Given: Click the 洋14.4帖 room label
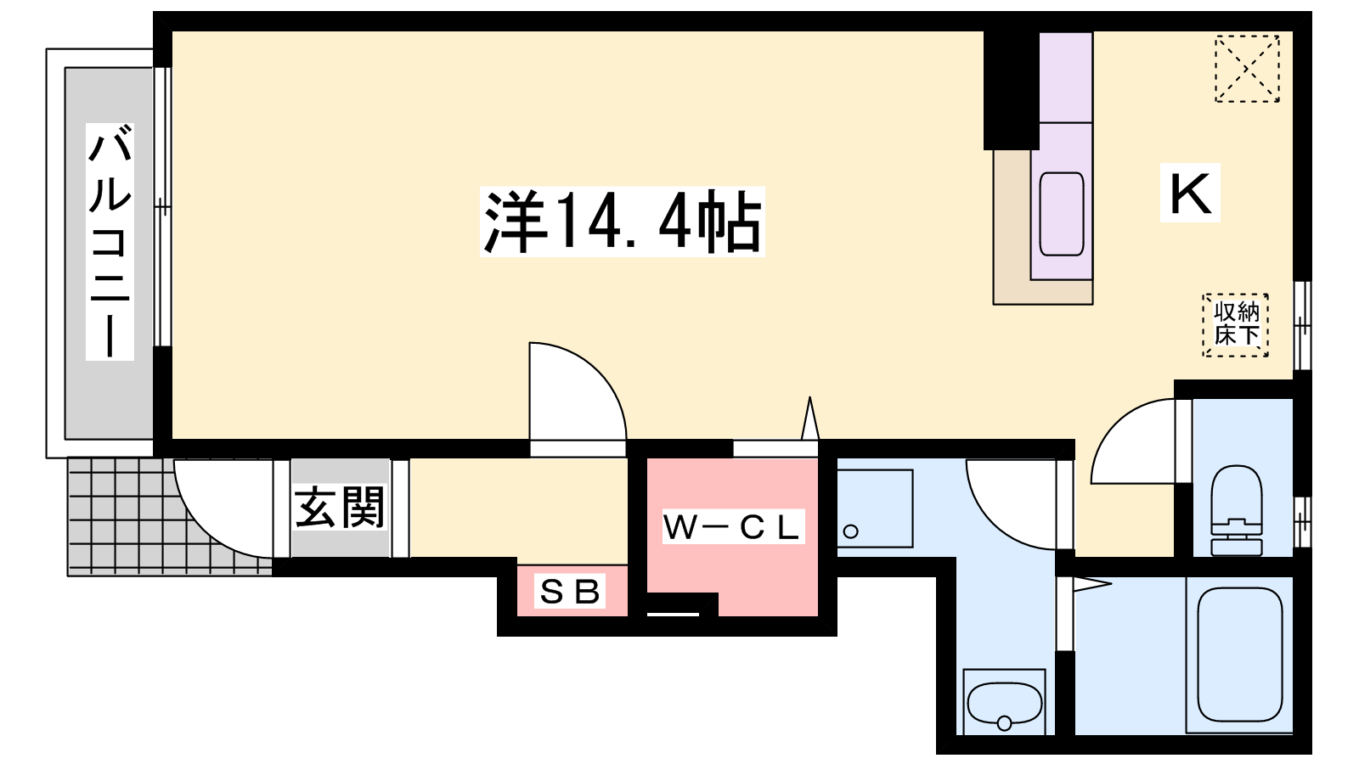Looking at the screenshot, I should pos(623,222).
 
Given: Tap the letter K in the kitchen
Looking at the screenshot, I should pos(1190,194).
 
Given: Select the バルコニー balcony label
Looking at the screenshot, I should pos(110,242).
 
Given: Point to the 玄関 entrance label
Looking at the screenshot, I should pos(340,508).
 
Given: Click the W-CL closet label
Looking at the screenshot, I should pos(732,527).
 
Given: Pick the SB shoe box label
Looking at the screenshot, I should pos(571,591).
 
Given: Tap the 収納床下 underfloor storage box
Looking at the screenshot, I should pos(1236,324).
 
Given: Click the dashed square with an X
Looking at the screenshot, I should pos(1247,69).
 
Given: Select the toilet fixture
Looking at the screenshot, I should pos(1237,509).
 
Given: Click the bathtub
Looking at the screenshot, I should pos(1239,654).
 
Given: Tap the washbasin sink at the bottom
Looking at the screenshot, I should pos(1005,703).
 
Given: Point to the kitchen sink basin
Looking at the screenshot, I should pos(1062,213).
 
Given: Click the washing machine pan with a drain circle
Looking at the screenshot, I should pos(874,508).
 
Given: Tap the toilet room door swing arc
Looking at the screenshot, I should pos(1134,441).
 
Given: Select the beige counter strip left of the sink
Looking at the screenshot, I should pos(1012,225).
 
